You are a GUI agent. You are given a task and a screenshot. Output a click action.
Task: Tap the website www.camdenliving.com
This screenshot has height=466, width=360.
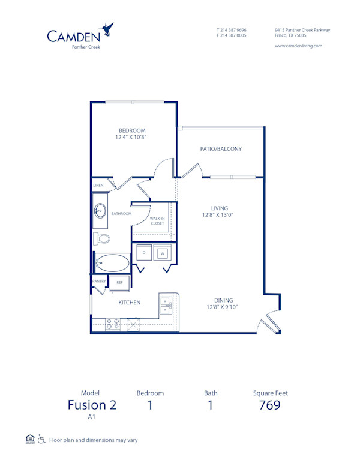tap(298, 46)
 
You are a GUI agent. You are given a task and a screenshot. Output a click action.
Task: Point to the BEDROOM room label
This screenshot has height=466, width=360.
tap(132, 130)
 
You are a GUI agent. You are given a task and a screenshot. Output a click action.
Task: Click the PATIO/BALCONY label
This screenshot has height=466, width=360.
tap(221, 149)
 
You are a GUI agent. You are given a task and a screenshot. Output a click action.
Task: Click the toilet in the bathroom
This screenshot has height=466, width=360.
tap(102, 238)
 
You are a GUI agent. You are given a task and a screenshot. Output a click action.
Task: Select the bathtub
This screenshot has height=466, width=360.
tap(113, 263)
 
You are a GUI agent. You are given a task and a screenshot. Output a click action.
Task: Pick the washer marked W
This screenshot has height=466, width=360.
tap(163, 253)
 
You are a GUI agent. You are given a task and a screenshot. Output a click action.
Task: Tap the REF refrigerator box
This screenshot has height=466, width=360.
tap(119, 282)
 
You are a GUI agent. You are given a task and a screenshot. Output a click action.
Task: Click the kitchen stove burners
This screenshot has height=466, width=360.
tap(113, 324)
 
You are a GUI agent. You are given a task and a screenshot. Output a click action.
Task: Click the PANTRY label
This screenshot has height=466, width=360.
tap(99, 281)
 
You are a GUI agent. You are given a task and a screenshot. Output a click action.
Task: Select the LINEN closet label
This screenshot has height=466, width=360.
tap(98, 185)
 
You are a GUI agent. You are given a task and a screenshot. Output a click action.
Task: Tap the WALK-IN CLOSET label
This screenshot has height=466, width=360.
tap(157, 221)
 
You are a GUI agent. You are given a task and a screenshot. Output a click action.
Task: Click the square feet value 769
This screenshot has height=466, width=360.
tap(270, 405)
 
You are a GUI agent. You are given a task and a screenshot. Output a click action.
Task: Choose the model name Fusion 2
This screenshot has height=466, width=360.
tap(92, 405)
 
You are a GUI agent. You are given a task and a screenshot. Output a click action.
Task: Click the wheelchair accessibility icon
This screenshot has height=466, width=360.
tap(41, 439)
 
